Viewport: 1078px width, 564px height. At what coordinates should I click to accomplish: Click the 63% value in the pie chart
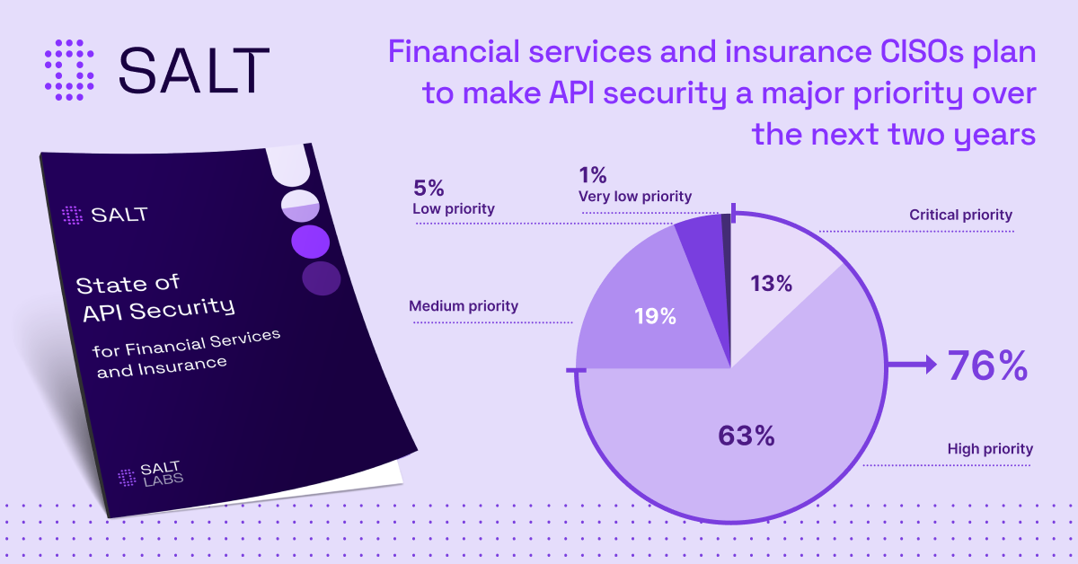click(747, 436)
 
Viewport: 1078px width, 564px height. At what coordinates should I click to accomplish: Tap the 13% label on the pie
click(771, 284)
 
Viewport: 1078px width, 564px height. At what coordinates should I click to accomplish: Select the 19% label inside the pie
click(655, 316)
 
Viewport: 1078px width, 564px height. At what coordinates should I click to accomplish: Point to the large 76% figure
click(987, 366)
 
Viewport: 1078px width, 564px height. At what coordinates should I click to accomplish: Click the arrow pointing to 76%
click(912, 366)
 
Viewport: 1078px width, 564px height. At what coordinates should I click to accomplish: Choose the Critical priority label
click(960, 215)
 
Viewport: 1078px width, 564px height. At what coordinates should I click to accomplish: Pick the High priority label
click(990, 449)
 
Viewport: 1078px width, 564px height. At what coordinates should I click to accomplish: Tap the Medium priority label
click(464, 306)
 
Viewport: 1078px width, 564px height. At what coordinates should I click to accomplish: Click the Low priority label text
click(454, 209)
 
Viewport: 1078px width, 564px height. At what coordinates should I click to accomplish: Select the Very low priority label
click(635, 197)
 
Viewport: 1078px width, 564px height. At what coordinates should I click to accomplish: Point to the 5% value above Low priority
click(429, 188)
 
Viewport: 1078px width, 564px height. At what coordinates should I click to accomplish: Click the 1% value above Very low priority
click(592, 175)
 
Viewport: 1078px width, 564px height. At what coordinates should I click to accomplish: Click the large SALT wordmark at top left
click(194, 70)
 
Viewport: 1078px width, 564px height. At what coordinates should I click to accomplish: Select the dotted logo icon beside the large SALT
click(69, 70)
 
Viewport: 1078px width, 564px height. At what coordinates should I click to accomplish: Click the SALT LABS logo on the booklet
click(151, 474)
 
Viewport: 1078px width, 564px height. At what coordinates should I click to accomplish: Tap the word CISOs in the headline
click(922, 52)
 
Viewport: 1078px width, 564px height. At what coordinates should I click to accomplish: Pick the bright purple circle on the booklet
click(311, 242)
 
